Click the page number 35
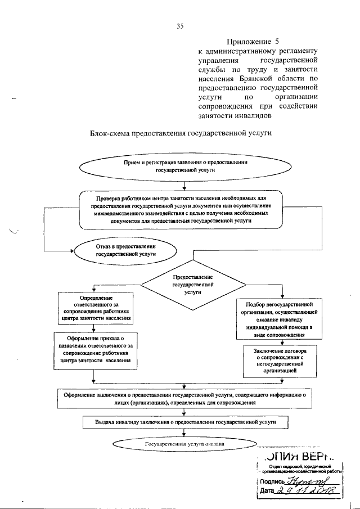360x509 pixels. click(x=180, y=25)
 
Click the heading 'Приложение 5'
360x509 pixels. click(x=253, y=41)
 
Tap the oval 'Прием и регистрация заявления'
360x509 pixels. click(x=185, y=165)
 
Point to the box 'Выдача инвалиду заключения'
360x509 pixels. click(x=185, y=422)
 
